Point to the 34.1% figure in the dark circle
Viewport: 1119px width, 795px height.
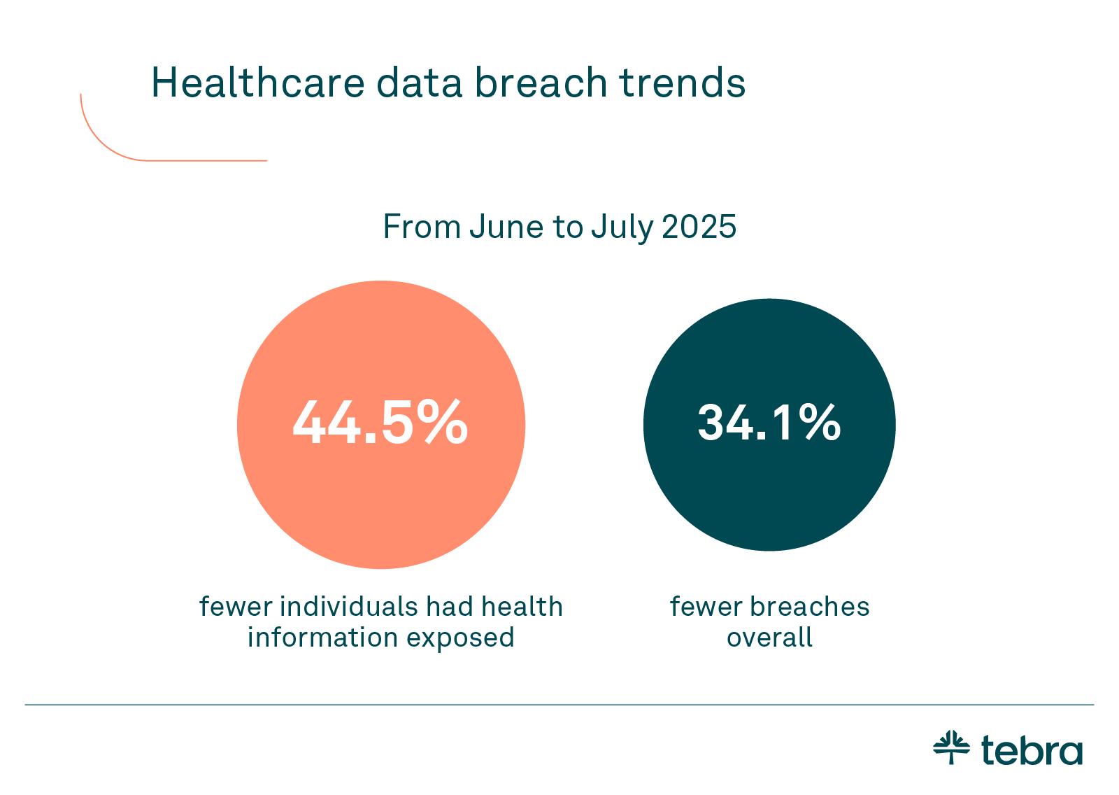(x=769, y=423)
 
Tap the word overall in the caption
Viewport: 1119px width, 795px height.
(x=769, y=638)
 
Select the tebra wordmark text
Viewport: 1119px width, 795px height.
(x=1032, y=750)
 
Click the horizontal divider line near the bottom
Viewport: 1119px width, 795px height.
(x=559, y=705)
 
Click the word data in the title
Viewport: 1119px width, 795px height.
(x=420, y=83)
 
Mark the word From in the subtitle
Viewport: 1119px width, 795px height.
(x=422, y=227)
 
